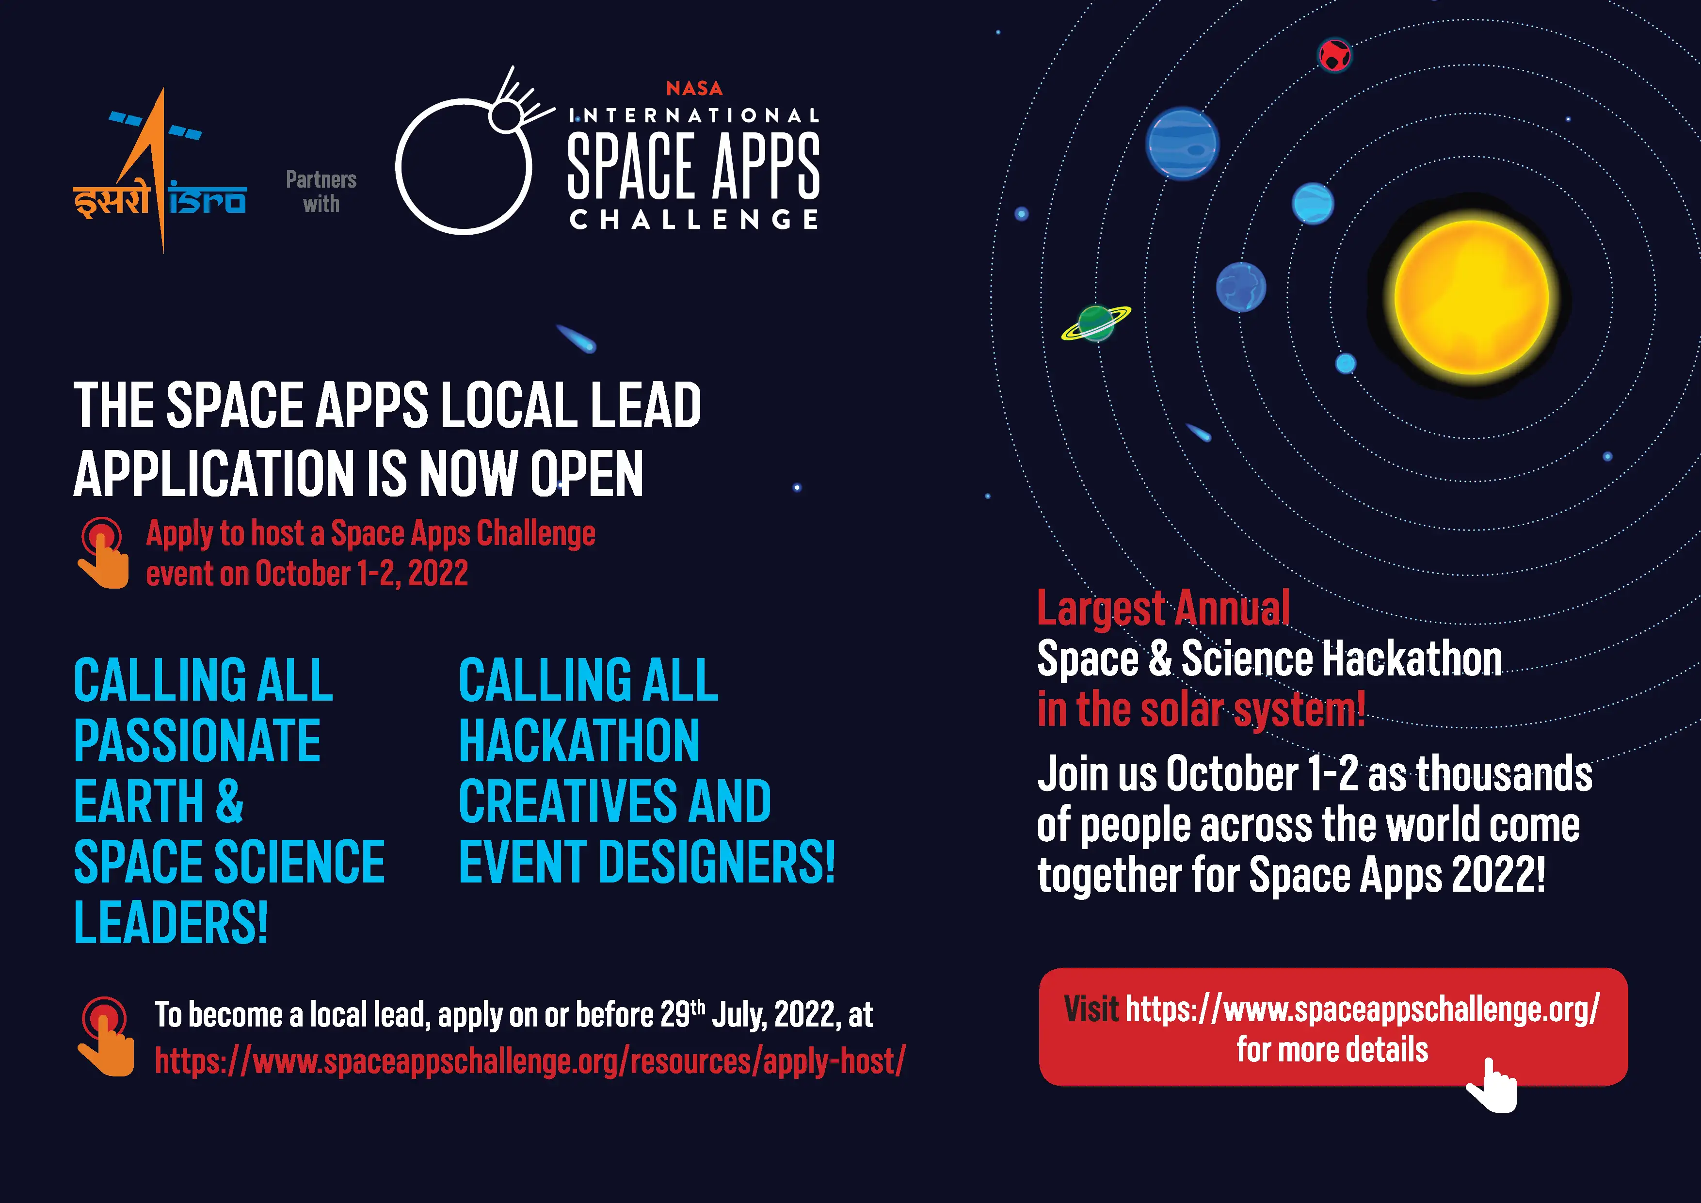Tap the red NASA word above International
[x=694, y=88]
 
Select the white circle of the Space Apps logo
[x=464, y=167]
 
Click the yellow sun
[x=1471, y=297]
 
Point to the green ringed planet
[x=1096, y=323]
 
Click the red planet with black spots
[x=1334, y=55]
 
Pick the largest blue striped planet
[x=1182, y=144]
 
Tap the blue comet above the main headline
[x=577, y=338]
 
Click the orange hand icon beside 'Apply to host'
[x=102, y=553]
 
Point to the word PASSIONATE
[x=197, y=741]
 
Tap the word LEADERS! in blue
[x=170, y=922]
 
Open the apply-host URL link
[x=530, y=1061]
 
